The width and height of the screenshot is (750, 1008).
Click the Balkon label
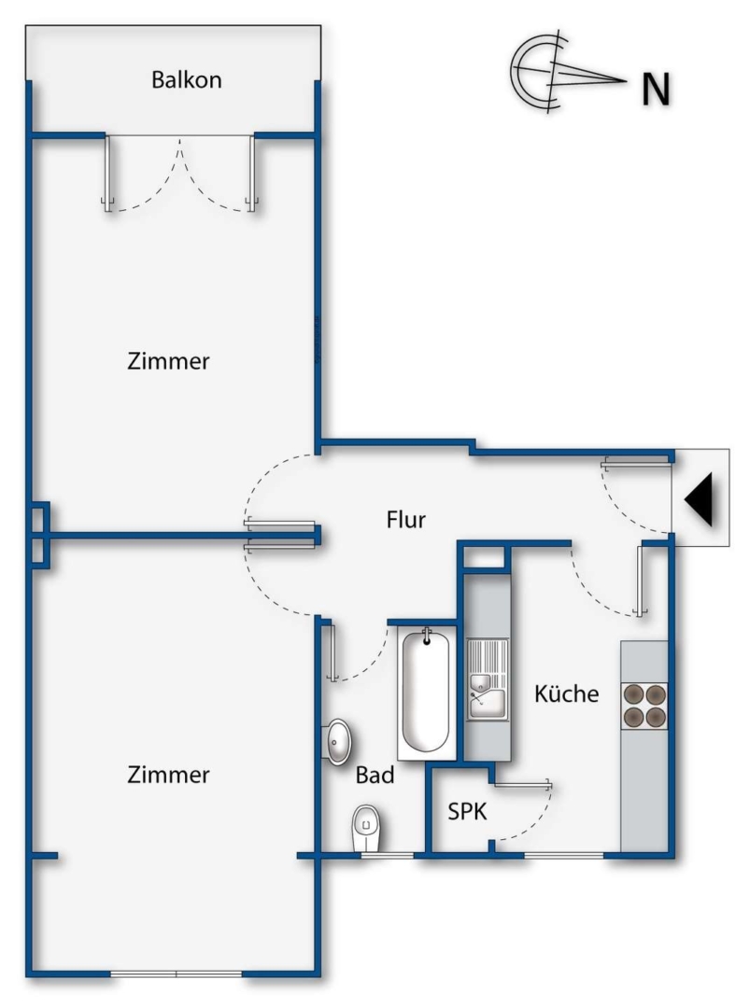pyautogui.click(x=187, y=79)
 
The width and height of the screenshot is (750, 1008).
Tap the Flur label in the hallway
pyautogui.click(x=406, y=520)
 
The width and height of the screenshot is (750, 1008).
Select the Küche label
pyautogui.click(x=566, y=693)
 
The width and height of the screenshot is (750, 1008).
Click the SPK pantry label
pyautogui.click(x=467, y=811)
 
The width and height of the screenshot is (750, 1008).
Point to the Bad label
pyautogui.click(x=375, y=776)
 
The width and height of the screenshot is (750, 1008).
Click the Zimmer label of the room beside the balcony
pyautogui.click(x=168, y=361)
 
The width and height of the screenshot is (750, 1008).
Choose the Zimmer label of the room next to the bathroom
pyautogui.click(x=168, y=775)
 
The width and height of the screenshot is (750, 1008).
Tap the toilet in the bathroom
pyautogui.click(x=367, y=828)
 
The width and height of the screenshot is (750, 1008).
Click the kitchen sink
pyautogui.click(x=487, y=679)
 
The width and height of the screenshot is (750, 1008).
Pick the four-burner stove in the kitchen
pyautogui.click(x=644, y=706)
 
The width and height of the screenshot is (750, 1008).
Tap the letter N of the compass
pyautogui.click(x=656, y=89)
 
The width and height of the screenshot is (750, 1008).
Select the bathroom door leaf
pyautogui.click(x=332, y=652)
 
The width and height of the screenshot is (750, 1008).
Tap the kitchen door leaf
pyautogui.click(x=641, y=581)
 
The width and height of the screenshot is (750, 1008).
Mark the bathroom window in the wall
pyautogui.click(x=388, y=855)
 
